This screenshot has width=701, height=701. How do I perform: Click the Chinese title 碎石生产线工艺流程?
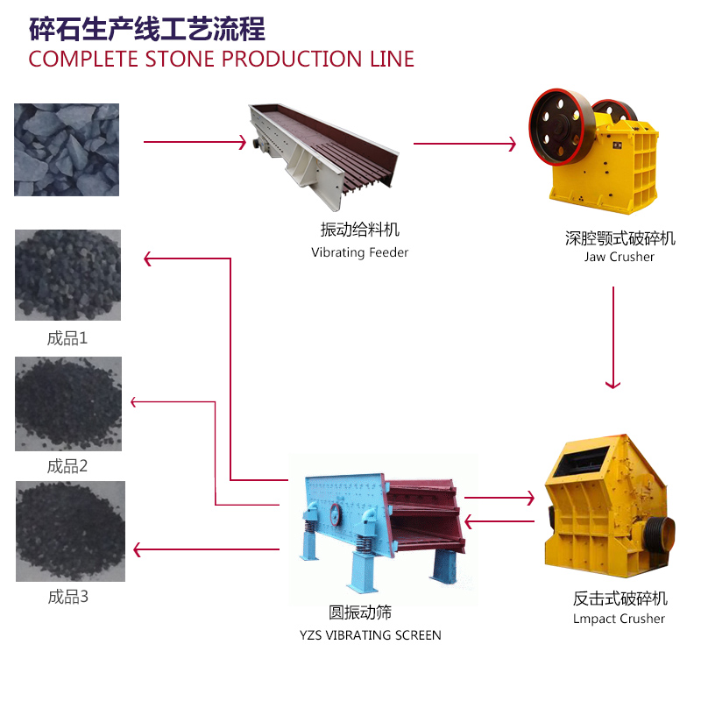pos(147,29)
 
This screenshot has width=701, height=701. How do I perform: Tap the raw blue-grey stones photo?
pos(67,149)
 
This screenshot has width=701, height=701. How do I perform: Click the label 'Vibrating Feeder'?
pos(359,252)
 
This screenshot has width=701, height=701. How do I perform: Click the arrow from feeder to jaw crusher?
pos(464,145)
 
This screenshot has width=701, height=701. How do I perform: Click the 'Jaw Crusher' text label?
pos(620,257)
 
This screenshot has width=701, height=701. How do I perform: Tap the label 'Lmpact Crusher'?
pos(619,619)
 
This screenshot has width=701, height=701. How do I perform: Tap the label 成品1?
pos(67,336)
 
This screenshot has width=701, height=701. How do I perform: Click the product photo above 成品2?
pos(68,404)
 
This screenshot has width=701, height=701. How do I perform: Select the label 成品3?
pos(67,598)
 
